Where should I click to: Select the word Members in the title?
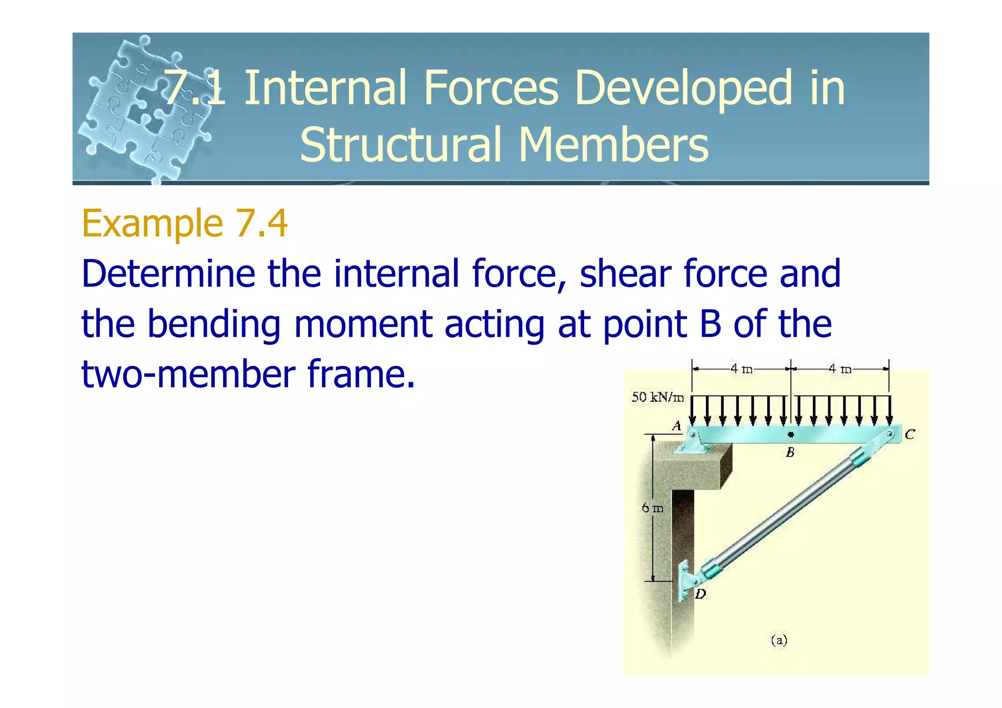tap(613, 145)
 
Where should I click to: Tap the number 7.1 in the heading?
tap(195, 88)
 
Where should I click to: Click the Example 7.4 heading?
tap(184, 224)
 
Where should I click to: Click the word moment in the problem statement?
tap(363, 324)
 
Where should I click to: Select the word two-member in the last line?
tap(188, 374)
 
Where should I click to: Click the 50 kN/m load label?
tap(657, 397)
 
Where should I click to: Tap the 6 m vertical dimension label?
tap(653, 508)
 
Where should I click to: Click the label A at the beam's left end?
tap(677, 426)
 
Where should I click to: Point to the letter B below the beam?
tap(790, 453)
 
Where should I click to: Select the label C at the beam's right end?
tap(909, 434)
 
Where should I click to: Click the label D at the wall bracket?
tap(701, 594)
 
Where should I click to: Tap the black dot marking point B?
tap(791, 434)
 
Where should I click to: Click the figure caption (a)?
tap(779, 640)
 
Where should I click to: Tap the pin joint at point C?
tap(890, 434)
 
